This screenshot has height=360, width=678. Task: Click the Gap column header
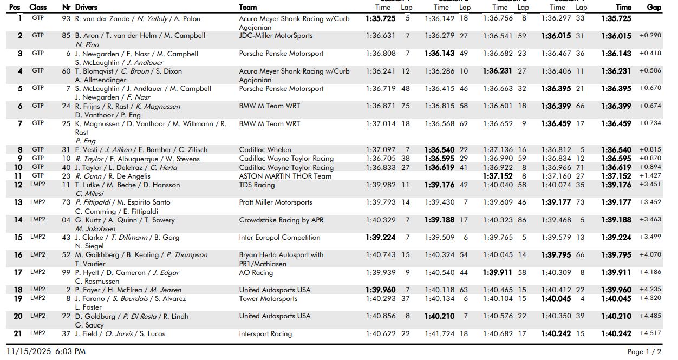(654, 8)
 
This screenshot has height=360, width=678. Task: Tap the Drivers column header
(86, 8)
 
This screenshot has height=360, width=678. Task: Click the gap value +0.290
(650, 36)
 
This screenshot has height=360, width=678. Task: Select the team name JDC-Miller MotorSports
(276, 36)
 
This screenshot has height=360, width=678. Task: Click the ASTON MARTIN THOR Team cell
(285, 176)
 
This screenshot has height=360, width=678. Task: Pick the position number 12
(18, 185)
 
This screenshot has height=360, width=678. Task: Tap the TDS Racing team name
(257, 185)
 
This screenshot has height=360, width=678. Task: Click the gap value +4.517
(650, 333)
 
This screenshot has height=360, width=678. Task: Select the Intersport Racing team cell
(265, 333)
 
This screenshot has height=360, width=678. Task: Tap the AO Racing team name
(256, 272)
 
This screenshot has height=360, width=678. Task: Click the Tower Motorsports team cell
(268, 298)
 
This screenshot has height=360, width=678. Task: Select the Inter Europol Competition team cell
(279, 237)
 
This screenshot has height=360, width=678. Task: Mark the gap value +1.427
(650, 176)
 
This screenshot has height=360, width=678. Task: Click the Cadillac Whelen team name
(265, 149)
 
